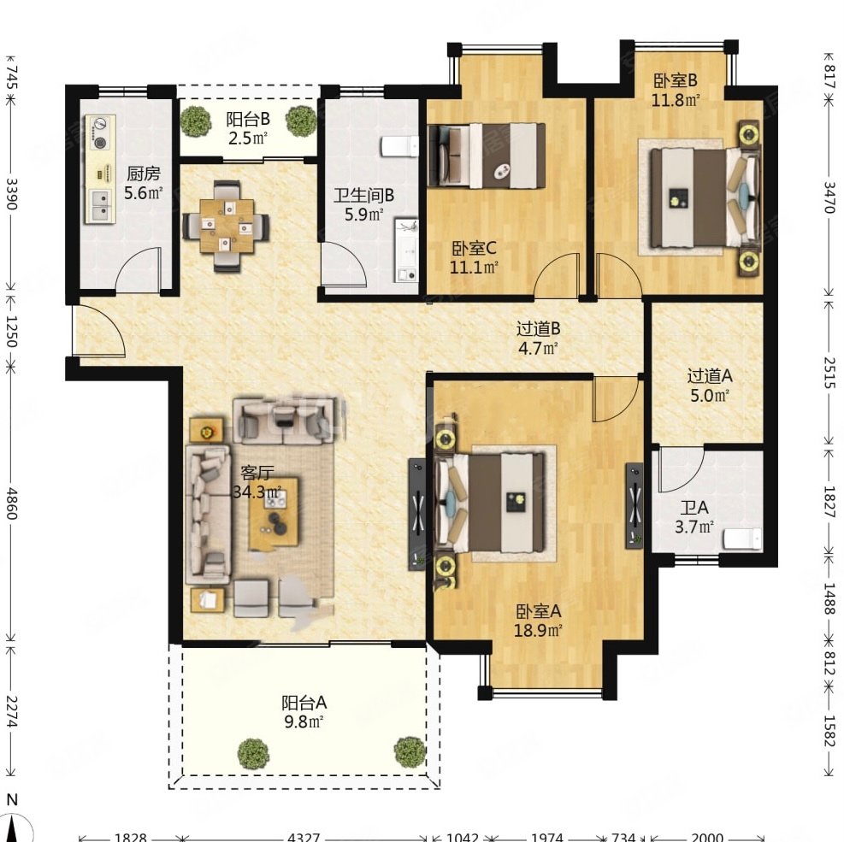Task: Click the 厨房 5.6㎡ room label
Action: [x=143, y=184]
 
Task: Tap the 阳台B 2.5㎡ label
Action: [x=248, y=128]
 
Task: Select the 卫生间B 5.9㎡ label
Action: [x=364, y=204]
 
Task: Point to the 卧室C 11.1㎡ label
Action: [x=474, y=257]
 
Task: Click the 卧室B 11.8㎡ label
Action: [x=676, y=90]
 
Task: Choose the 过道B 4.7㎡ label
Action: [x=538, y=338]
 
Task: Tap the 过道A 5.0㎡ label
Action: [x=710, y=386]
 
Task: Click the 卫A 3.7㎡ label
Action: [x=694, y=516]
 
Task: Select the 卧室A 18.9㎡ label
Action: [x=538, y=621]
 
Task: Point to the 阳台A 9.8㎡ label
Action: [x=304, y=712]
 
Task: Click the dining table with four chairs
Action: [x=226, y=226]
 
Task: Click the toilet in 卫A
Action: [x=742, y=539]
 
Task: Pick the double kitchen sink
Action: [x=100, y=205]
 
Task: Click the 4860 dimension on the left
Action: [x=12, y=503]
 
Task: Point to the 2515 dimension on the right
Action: [x=829, y=373]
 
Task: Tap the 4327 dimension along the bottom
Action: [x=304, y=837]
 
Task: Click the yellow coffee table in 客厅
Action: [x=274, y=513]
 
